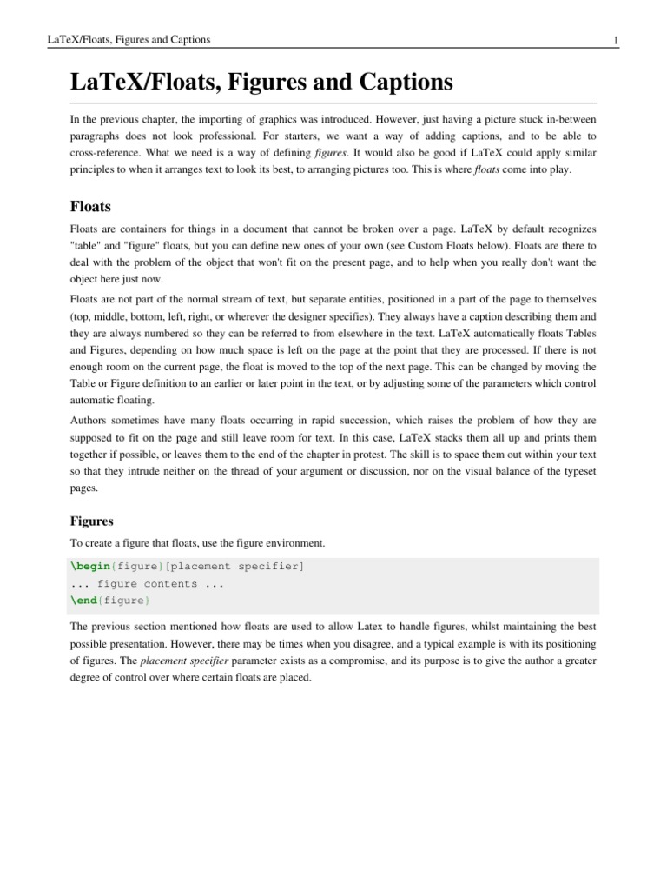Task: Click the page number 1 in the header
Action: pos(615,41)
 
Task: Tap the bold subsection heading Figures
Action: pos(92,521)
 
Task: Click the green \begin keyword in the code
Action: pos(89,567)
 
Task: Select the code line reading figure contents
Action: pos(148,583)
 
